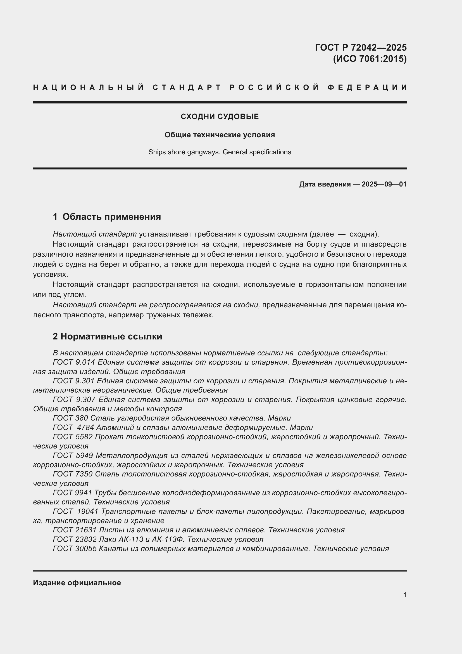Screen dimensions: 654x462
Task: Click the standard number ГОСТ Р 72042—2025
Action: click(360, 47)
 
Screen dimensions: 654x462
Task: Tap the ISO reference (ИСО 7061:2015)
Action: click(370, 59)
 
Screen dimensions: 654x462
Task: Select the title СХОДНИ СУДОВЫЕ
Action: click(220, 117)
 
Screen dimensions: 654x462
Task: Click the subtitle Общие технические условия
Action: click(220, 135)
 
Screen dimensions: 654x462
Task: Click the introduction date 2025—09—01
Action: click(384, 184)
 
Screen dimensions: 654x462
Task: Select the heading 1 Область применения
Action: click(107, 217)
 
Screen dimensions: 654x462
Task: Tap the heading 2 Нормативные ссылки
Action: click(107, 336)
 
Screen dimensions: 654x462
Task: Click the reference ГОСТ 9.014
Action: click(74, 362)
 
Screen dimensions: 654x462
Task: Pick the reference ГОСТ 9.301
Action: click(74, 381)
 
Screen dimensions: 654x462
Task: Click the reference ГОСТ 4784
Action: click(73, 428)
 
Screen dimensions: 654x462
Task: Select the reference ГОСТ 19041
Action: click(75, 511)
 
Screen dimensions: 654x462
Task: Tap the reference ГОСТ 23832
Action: click(75, 539)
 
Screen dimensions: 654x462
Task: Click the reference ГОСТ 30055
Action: click(75, 549)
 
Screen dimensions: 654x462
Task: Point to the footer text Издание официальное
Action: click(77, 583)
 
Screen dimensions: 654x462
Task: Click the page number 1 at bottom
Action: click(404, 595)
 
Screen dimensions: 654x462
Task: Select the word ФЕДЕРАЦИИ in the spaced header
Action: click(367, 88)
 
